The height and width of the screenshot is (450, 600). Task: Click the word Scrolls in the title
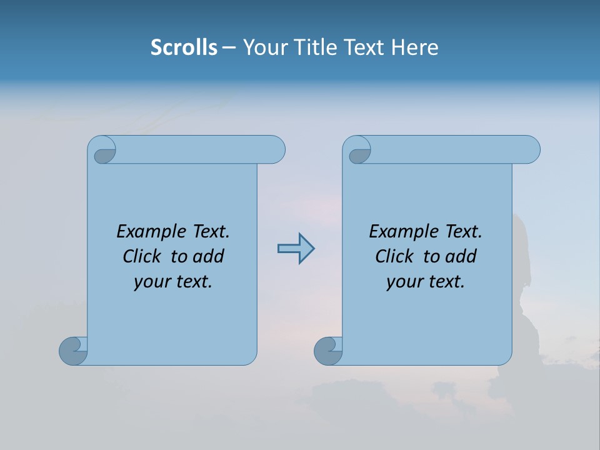tap(184, 47)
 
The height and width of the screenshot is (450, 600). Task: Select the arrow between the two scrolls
tap(296, 249)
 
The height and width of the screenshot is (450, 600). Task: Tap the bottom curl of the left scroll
tap(72, 351)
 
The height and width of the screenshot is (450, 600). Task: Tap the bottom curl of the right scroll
tap(327, 351)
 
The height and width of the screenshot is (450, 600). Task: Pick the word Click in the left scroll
tap(141, 256)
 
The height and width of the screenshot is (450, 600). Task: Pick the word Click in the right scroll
tap(394, 256)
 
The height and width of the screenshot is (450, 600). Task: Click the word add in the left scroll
tap(208, 256)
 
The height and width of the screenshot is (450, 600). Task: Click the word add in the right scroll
tap(461, 256)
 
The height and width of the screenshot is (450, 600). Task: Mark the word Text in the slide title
tap(364, 47)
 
